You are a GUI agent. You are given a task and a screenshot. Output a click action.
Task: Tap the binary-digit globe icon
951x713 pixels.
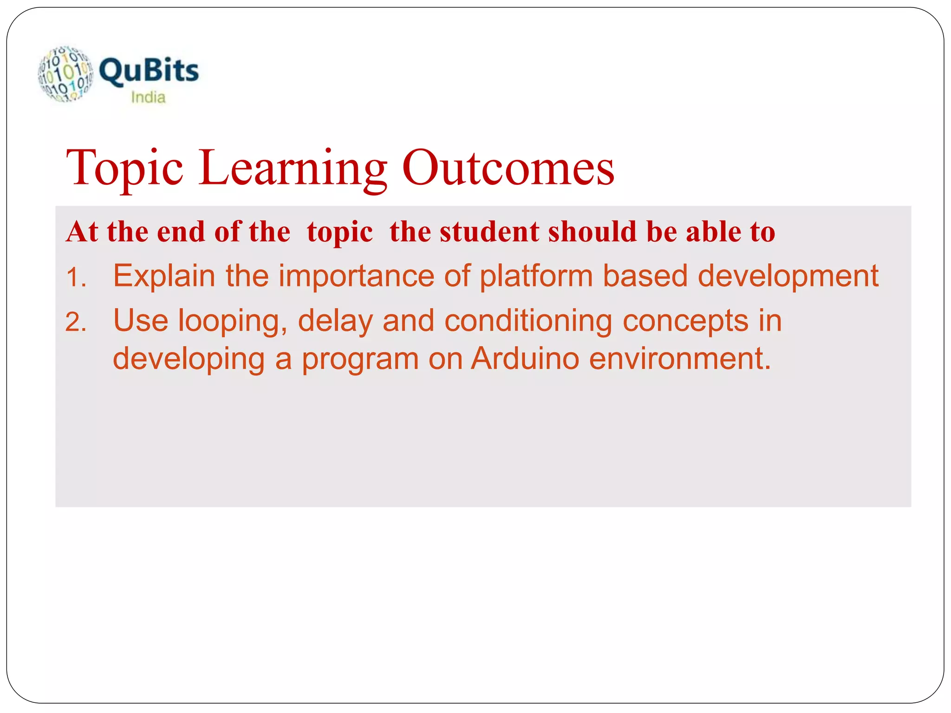(65, 74)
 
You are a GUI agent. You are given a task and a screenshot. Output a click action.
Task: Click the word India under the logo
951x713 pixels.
(148, 97)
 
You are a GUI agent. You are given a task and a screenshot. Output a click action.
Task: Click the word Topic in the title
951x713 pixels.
(124, 168)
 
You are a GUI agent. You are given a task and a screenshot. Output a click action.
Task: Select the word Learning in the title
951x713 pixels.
(293, 168)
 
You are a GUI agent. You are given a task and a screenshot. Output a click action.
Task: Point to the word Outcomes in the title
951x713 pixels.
(508, 168)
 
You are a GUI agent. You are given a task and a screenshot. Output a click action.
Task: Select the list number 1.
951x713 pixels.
(76, 279)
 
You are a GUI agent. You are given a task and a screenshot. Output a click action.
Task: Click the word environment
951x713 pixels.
(680, 359)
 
